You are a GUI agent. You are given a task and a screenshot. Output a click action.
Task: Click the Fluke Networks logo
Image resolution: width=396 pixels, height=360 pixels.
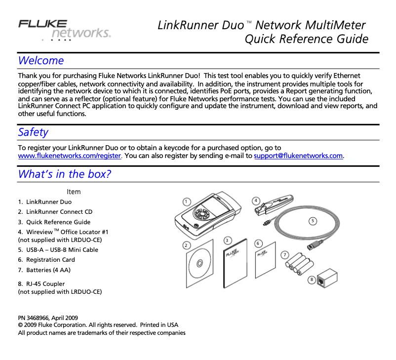click(64, 29)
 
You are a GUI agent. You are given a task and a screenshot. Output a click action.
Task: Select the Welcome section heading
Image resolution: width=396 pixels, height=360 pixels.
click(41, 61)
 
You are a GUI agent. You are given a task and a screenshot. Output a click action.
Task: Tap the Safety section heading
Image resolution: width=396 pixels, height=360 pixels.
click(33, 132)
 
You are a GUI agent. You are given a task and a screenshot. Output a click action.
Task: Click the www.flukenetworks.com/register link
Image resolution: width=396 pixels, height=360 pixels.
click(69, 156)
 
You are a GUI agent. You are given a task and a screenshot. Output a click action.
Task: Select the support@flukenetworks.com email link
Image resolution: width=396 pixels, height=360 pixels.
click(298, 156)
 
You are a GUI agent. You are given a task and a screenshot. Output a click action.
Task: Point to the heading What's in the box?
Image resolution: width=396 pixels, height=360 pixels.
click(64, 174)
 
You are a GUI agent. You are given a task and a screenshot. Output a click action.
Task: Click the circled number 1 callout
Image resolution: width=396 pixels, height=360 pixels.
click(186, 201)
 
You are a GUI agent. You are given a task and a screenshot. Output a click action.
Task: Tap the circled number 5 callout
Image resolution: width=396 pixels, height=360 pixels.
click(313, 221)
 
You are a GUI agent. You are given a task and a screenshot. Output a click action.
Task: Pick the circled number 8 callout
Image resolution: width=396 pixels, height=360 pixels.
click(311, 280)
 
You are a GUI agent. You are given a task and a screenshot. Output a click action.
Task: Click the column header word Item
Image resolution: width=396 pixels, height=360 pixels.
click(73, 192)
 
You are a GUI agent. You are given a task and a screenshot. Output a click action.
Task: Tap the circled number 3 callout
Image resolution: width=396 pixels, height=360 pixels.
click(227, 240)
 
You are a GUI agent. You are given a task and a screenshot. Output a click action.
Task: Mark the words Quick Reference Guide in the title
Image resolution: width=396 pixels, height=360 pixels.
click(306, 39)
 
